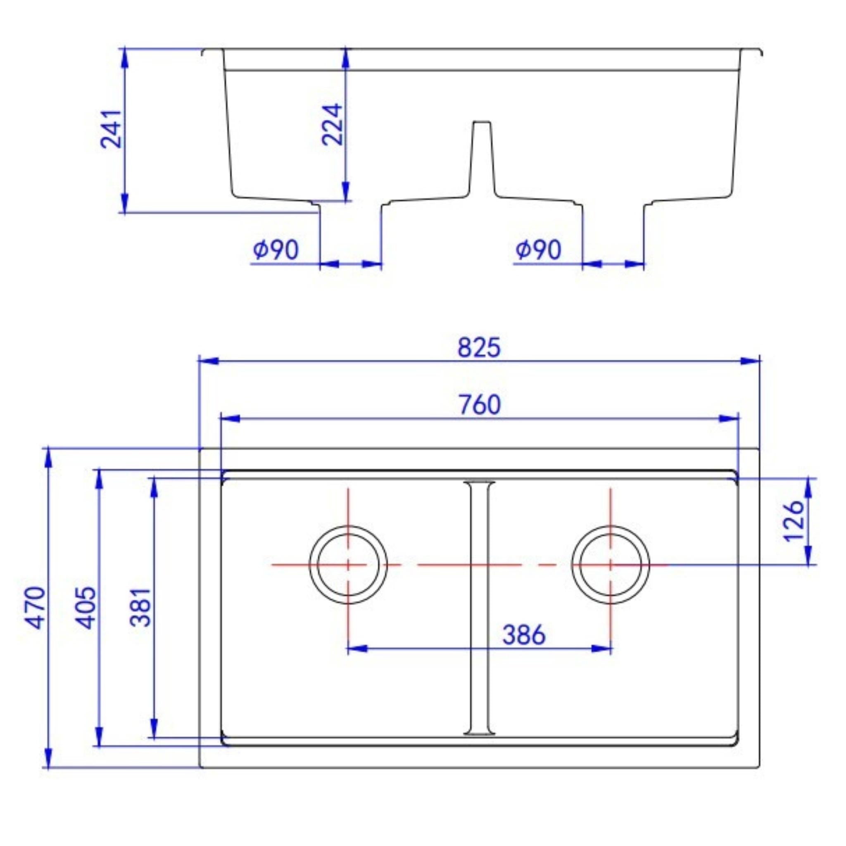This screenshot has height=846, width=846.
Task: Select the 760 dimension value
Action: tap(480, 405)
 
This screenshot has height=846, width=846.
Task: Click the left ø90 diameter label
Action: tap(276, 250)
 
